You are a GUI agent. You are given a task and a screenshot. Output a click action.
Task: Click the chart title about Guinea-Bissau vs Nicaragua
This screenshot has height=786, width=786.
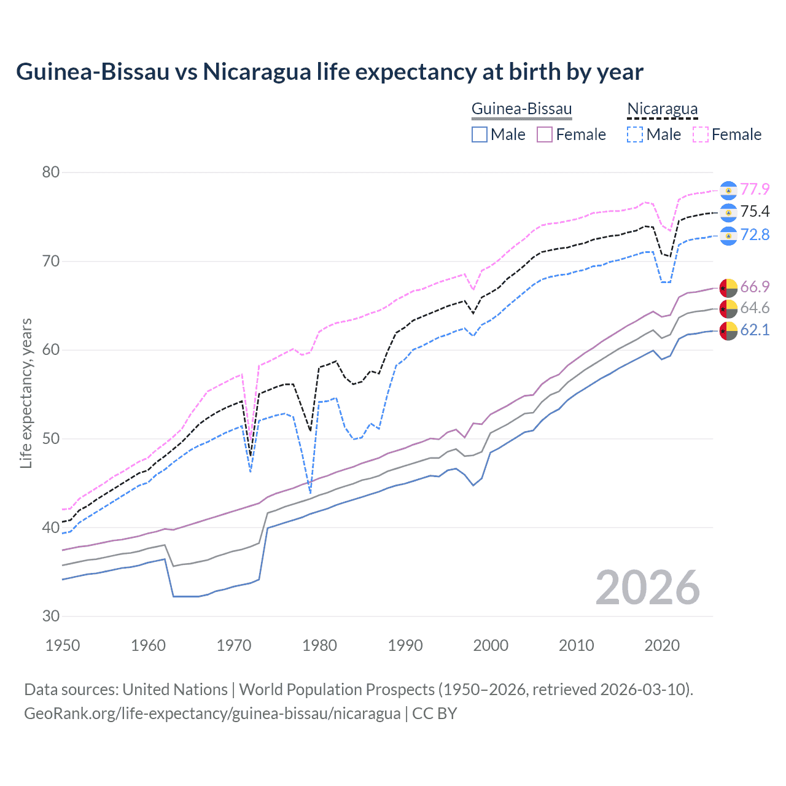pyautogui.click(x=329, y=72)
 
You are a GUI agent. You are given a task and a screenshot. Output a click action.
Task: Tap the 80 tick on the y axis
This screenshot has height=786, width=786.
pyautogui.click(x=51, y=172)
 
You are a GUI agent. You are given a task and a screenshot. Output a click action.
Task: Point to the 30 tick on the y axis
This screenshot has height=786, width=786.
pyautogui.click(x=51, y=616)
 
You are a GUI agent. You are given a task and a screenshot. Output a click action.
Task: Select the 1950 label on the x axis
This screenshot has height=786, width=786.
pyautogui.click(x=63, y=645)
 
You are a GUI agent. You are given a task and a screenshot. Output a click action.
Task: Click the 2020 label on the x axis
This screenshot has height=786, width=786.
pyautogui.click(x=662, y=645)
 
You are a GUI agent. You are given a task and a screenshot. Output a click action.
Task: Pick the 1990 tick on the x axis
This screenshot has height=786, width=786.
pyautogui.click(x=405, y=645)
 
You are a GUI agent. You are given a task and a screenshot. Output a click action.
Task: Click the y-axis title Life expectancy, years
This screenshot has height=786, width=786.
pyautogui.click(x=26, y=393)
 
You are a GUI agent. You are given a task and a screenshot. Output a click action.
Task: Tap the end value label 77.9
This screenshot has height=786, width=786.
pyautogui.click(x=755, y=189)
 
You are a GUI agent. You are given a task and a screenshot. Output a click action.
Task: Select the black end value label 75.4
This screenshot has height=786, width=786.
pyautogui.click(x=755, y=212)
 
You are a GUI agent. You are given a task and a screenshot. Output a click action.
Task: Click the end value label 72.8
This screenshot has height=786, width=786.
pyautogui.click(x=755, y=235)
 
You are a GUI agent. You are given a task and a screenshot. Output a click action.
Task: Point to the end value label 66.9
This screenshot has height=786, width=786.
pyautogui.click(x=755, y=287)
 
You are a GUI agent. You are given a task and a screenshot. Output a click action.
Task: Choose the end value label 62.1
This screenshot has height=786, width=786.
pyautogui.click(x=755, y=330)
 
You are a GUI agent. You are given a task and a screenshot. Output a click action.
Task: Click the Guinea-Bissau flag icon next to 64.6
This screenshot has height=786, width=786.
pyautogui.click(x=728, y=308)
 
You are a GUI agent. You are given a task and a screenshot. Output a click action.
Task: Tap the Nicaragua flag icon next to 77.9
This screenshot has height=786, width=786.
pyautogui.click(x=728, y=190)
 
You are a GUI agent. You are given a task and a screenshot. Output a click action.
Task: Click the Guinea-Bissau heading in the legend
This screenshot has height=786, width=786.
pyautogui.click(x=521, y=109)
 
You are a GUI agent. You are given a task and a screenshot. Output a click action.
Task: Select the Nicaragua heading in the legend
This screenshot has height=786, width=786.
pyautogui.click(x=662, y=109)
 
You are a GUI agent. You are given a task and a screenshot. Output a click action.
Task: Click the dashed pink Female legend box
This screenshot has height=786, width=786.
pyautogui.click(x=701, y=134)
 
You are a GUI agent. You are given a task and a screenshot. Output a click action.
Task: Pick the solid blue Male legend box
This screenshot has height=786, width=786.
pyautogui.click(x=480, y=134)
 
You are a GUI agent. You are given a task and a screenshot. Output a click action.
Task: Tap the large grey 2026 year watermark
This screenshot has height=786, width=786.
pyautogui.click(x=647, y=588)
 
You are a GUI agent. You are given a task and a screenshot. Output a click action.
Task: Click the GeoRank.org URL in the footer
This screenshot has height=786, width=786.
pyautogui.click(x=212, y=714)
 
